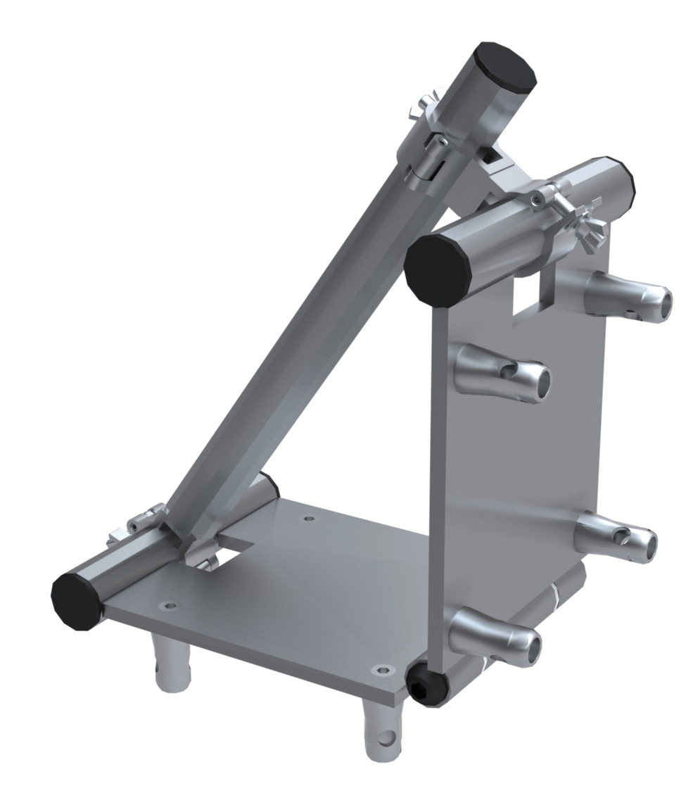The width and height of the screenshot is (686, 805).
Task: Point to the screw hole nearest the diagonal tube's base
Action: (309, 519)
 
